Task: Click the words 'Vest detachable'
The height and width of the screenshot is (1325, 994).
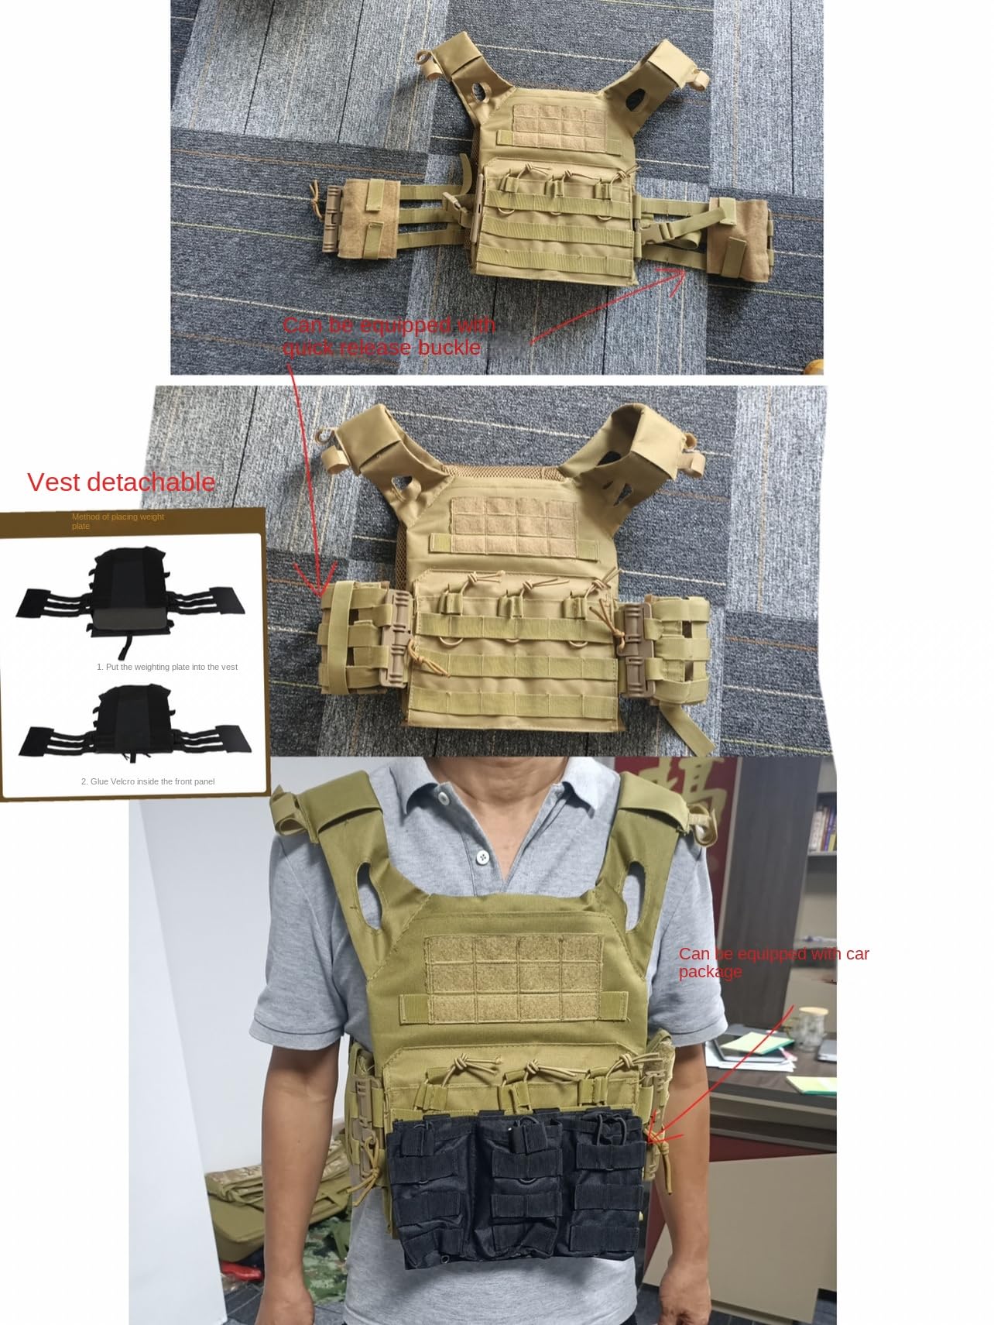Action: (x=122, y=482)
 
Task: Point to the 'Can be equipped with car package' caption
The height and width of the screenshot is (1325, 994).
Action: (x=773, y=962)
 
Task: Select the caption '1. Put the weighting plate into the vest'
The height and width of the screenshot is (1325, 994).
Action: (x=166, y=667)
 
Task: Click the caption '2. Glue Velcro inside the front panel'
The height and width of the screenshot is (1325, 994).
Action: (x=148, y=781)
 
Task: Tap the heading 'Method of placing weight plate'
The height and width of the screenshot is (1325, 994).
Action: (x=118, y=520)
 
